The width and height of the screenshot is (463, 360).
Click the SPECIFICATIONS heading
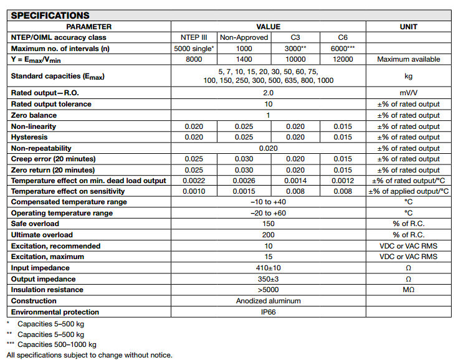tap(50, 16)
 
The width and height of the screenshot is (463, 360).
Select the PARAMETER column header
tap(89, 27)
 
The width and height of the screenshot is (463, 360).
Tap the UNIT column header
tap(408, 27)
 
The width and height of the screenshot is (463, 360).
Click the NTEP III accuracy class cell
tap(194, 37)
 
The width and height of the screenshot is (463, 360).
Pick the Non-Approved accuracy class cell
tap(244, 37)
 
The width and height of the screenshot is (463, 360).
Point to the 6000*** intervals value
tap(342, 48)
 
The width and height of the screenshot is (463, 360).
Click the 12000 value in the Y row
tap(342, 59)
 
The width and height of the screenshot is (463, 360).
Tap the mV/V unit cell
tap(408, 92)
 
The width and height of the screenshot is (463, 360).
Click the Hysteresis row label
tap(29, 137)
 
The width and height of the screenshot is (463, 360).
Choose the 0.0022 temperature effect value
tap(194, 181)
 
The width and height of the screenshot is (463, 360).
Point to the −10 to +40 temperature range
tap(268, 202)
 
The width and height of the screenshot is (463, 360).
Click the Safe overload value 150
tap(268, 224)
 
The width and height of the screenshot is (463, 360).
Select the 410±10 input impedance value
tap(268, 268)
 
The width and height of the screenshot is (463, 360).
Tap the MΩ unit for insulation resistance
tap(408, 290)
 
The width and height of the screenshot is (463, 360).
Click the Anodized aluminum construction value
tap(268, 301)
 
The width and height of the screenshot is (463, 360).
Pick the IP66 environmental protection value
tap(268, 312)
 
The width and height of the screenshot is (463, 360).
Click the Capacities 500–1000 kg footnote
tap(57, 344)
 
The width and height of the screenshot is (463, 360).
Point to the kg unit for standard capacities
tap(408, 76)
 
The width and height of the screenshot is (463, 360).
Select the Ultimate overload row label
tap(42, 235)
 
